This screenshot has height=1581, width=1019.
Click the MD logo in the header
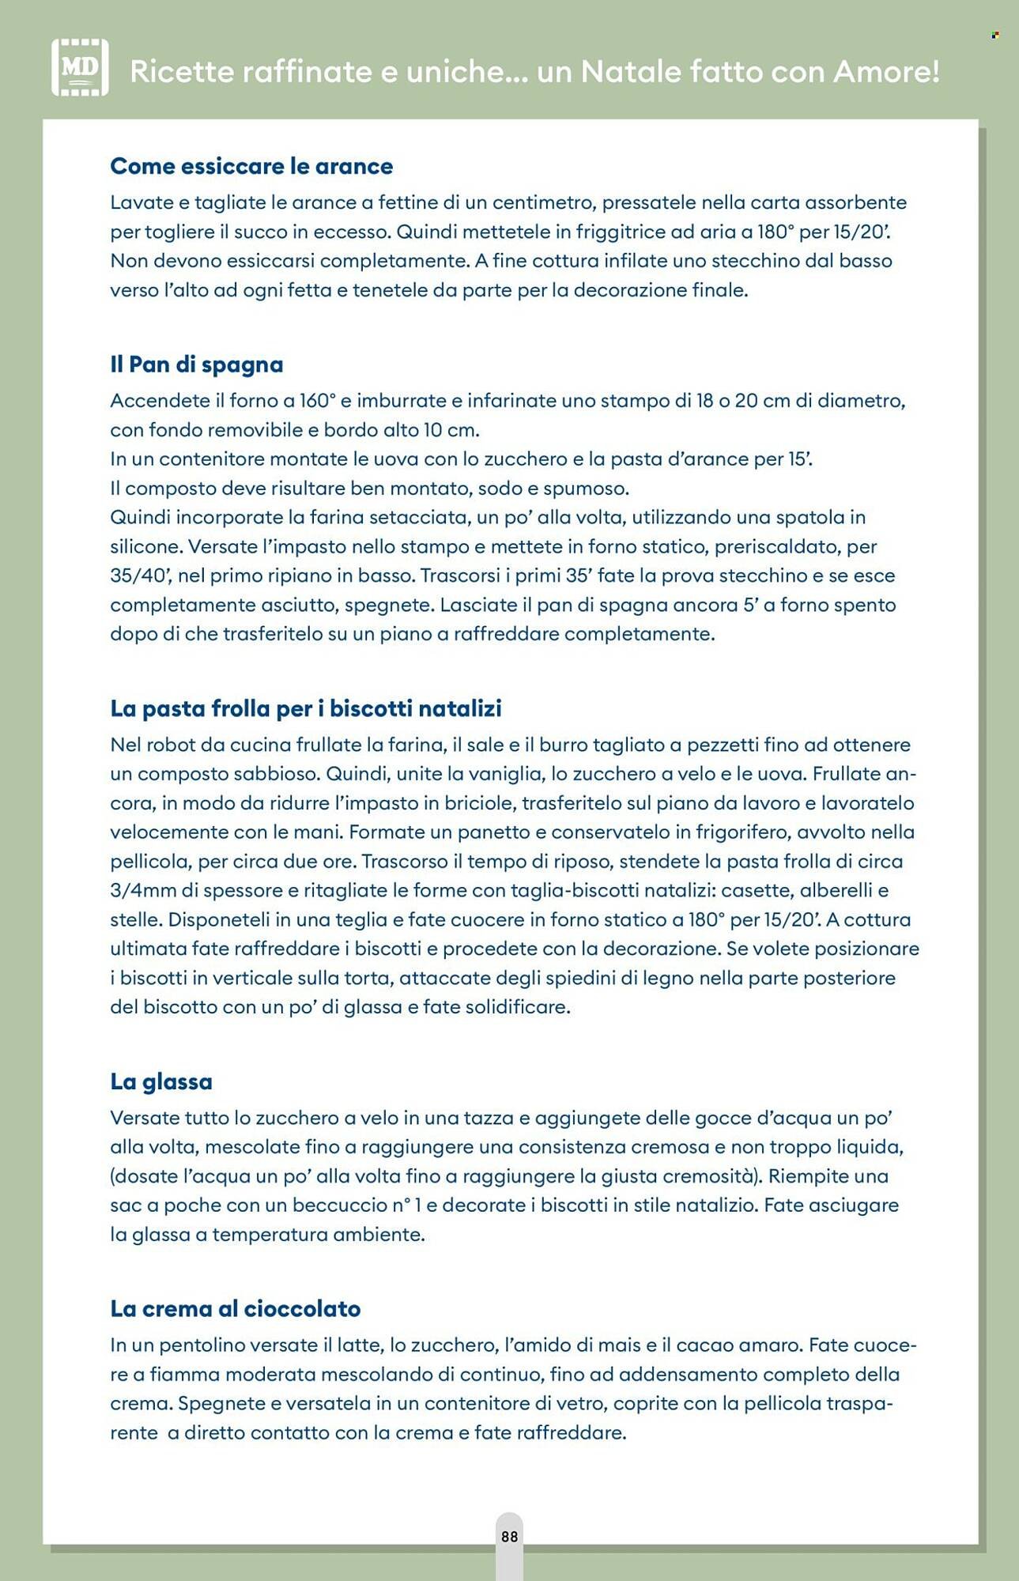(x=80, y=68)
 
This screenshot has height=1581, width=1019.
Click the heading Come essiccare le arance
(x=251, y=166)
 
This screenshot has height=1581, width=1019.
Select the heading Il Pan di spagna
(x=196, y=364)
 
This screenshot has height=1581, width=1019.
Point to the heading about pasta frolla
(x=306, y=708)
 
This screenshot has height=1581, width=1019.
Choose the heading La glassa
(x=161, y=1081)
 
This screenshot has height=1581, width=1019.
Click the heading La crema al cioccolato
(x=235, y=1308)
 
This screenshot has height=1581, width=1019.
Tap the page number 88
(x=509, y=1536)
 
